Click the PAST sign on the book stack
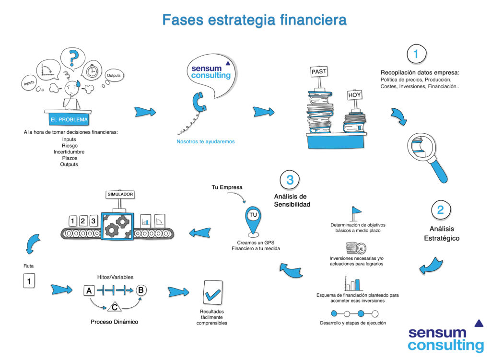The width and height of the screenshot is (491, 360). [x=319, y=72]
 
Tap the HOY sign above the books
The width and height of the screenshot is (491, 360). [x=355, y=95]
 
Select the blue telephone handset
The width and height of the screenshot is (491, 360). [x=199, y=102]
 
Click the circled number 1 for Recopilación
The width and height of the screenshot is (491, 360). [x=417, y=54]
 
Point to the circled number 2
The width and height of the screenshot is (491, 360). [x=441, y=210]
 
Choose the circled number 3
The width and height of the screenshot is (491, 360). [x=290, y=180]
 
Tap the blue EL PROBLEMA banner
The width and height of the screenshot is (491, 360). [x=69, y=119]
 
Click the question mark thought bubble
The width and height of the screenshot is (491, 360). [x=73, y=58]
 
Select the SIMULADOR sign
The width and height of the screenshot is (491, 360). [x=120, y=195]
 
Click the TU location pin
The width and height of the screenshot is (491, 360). [x=253, y=221]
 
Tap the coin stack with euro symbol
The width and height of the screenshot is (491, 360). [x=356, y=248]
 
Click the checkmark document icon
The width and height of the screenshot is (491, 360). [x=212, y=292]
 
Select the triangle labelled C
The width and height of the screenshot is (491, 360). [x=115, y=307]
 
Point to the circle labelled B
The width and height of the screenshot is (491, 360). [x=141, y=290]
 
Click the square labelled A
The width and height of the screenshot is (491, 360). [x=89, y=291]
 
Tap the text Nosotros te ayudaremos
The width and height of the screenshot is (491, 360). [x=205, y=141]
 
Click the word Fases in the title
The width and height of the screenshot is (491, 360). [x=183, y=20]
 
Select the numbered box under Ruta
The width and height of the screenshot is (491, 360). [x=29, y=281]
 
